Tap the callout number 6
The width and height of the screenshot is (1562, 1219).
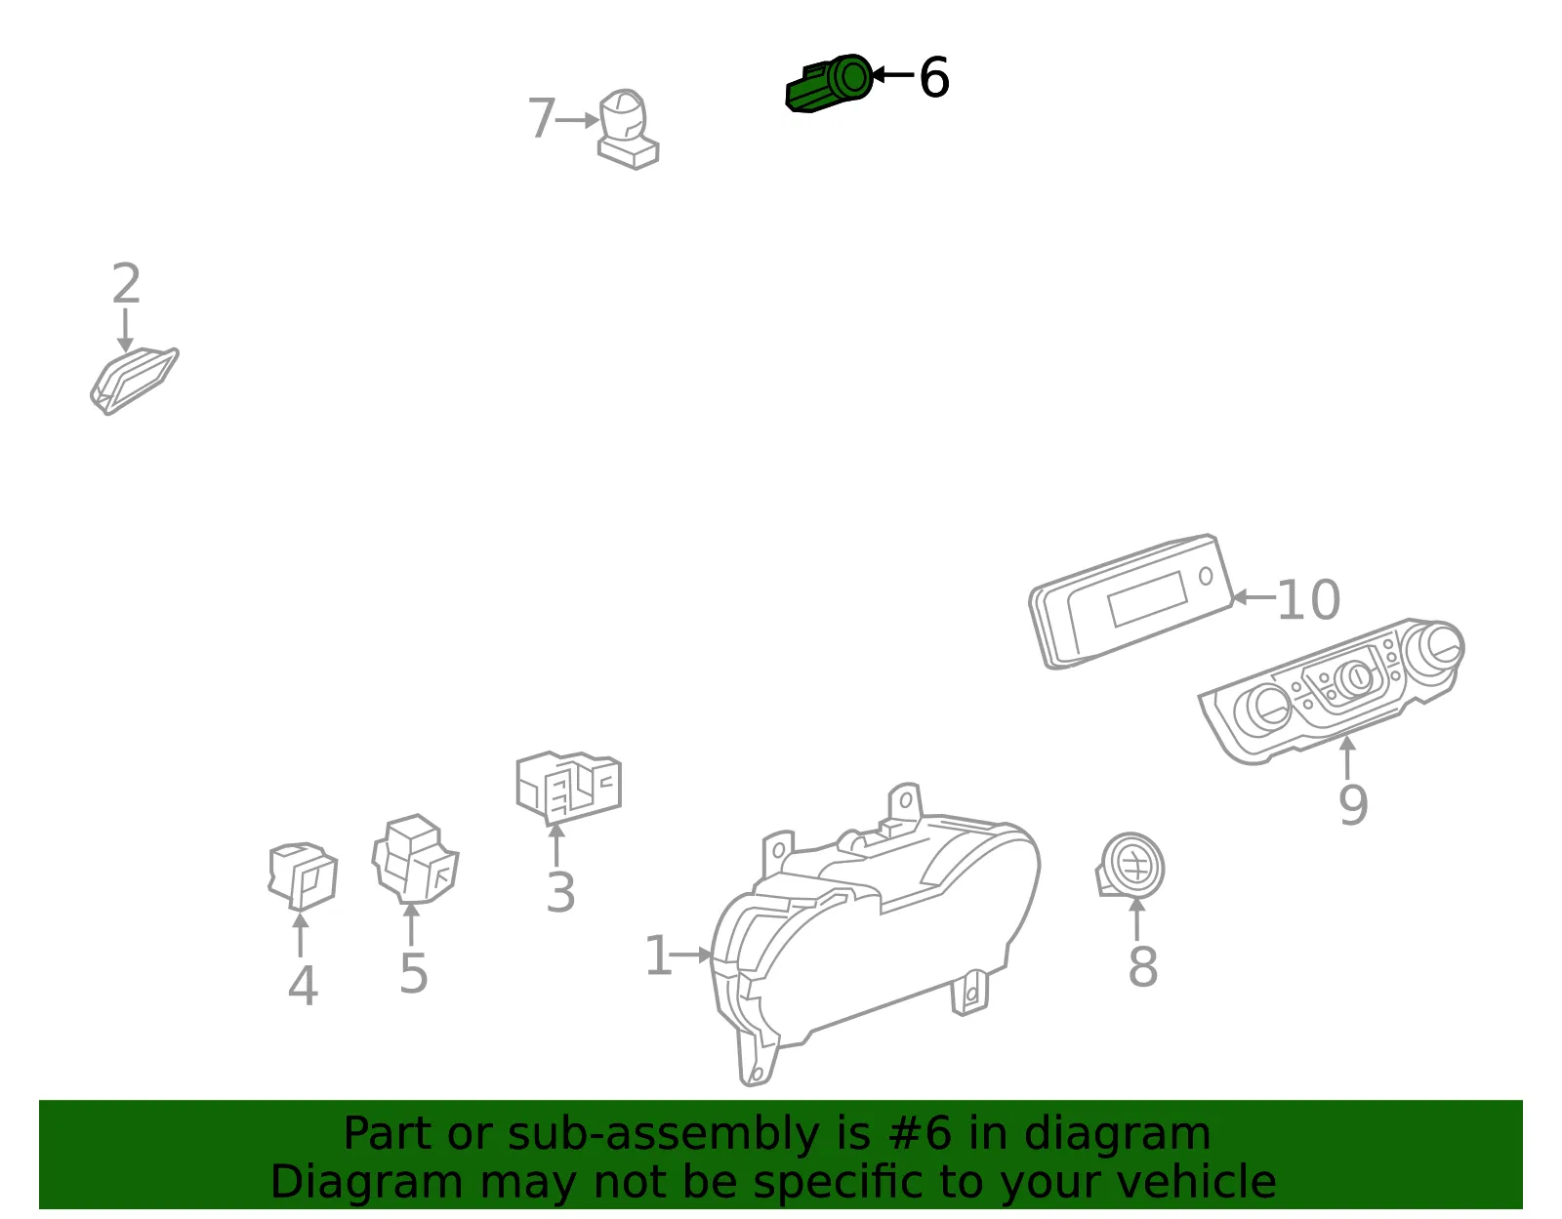933,77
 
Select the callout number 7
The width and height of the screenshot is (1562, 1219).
541,118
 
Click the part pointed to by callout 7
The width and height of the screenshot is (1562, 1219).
628,129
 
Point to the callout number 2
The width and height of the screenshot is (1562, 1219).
126,283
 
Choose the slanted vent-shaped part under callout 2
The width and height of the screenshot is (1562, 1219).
135,381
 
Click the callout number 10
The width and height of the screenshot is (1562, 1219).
1308,600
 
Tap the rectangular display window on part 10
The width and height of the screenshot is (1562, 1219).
1147,599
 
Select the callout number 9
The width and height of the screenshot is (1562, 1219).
1353,805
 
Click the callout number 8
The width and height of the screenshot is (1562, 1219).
1143,967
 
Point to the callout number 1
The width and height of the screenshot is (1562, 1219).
658,955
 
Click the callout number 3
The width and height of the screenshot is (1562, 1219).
560,893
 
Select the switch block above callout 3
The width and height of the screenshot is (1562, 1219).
568,787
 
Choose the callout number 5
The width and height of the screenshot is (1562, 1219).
413,974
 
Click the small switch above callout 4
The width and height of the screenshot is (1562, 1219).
303,875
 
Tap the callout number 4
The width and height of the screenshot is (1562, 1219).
303,986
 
